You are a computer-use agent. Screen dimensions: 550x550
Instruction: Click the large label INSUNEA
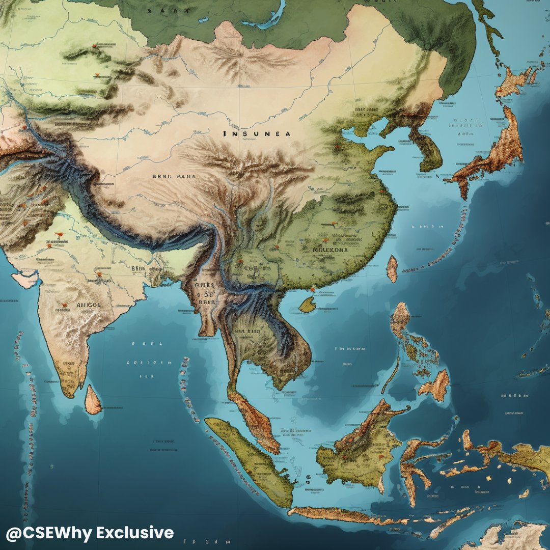[x=257, y=134]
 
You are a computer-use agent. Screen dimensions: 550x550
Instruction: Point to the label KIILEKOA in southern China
[x=330, y=250]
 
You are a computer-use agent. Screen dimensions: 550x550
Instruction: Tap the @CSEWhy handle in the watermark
[x=48, y=533]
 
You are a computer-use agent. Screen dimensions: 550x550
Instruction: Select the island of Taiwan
[x=392, y=269]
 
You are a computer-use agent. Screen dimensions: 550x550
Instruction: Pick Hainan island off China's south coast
[x=308, y=305]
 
